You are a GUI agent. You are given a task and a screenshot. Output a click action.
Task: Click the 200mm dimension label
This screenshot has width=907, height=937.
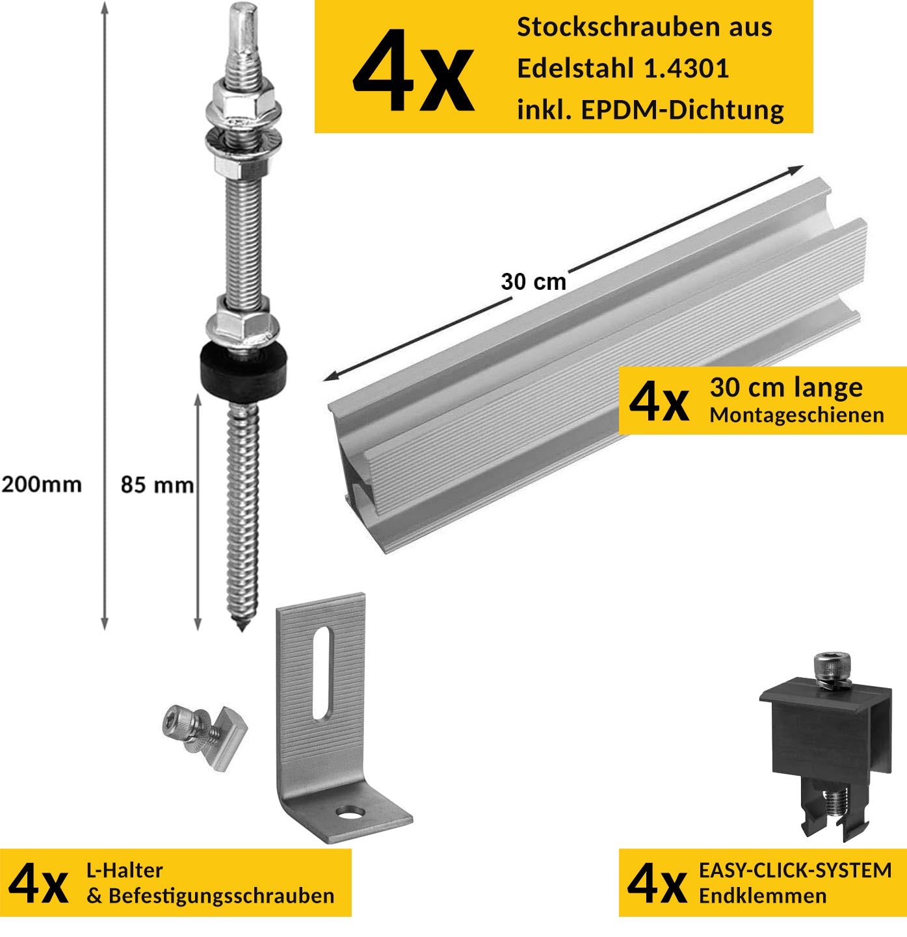click(x=42, y=484)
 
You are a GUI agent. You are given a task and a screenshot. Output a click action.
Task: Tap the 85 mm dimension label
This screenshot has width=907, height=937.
click(x=157, y=485)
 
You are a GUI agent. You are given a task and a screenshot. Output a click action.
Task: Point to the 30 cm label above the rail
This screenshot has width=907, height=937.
click(x=533, y=281)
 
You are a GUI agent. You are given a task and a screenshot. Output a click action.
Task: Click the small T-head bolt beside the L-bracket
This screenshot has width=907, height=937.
click(x=204, y=736)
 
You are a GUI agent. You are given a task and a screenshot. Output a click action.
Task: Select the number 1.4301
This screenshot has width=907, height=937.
click(x=686, y=68)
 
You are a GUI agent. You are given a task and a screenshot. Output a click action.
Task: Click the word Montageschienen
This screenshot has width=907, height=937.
click(x=796, y=415)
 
